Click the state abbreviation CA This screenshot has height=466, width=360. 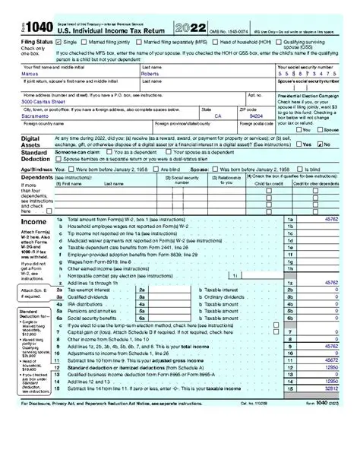[x=218, y=116]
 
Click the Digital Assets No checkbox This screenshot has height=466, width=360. [x=320, y=144]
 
